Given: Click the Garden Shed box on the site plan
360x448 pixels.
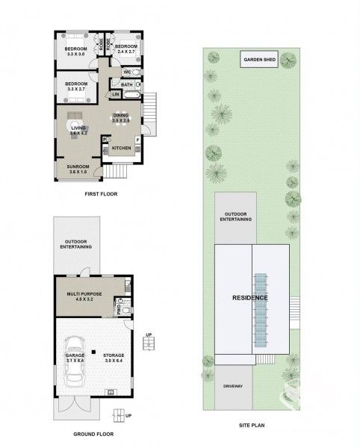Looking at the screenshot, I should click(260, 60).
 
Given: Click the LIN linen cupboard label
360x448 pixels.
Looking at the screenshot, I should click(115, 95).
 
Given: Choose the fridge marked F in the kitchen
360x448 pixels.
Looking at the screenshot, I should click(137, 140).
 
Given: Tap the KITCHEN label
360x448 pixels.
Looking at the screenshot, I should click(121, 149).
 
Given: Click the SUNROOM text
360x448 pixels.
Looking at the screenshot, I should click(78, 167).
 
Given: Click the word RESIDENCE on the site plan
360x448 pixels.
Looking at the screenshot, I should click(250, 298).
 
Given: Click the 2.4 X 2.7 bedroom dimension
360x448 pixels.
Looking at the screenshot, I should click(127, 52).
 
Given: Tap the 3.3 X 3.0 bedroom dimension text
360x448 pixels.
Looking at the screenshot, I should click(77, 54).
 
